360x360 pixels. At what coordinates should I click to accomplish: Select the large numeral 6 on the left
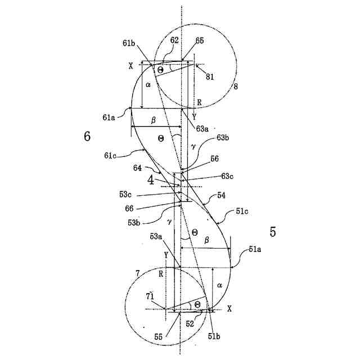(x=87, y=136)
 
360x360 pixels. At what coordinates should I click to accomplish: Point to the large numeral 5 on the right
(x=273, y=232)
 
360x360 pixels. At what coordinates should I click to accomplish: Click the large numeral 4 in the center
(x=150, y=181)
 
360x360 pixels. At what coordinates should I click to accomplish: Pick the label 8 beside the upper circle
(x=236, y=87)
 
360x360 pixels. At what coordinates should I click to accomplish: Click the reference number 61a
(x=110, y=118)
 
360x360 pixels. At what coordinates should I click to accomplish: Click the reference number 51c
(x=242, y=211)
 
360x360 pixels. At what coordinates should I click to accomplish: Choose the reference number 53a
(x=156, y=236)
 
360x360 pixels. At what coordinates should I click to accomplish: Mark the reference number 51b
(x=214, y=336)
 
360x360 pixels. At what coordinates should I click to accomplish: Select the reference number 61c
(x=111, y=155)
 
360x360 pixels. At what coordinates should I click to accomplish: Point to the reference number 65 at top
(x=200, y=41)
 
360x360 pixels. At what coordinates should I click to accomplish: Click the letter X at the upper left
(x=130, y=66)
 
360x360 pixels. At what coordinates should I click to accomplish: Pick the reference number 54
(x=221, y=195)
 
